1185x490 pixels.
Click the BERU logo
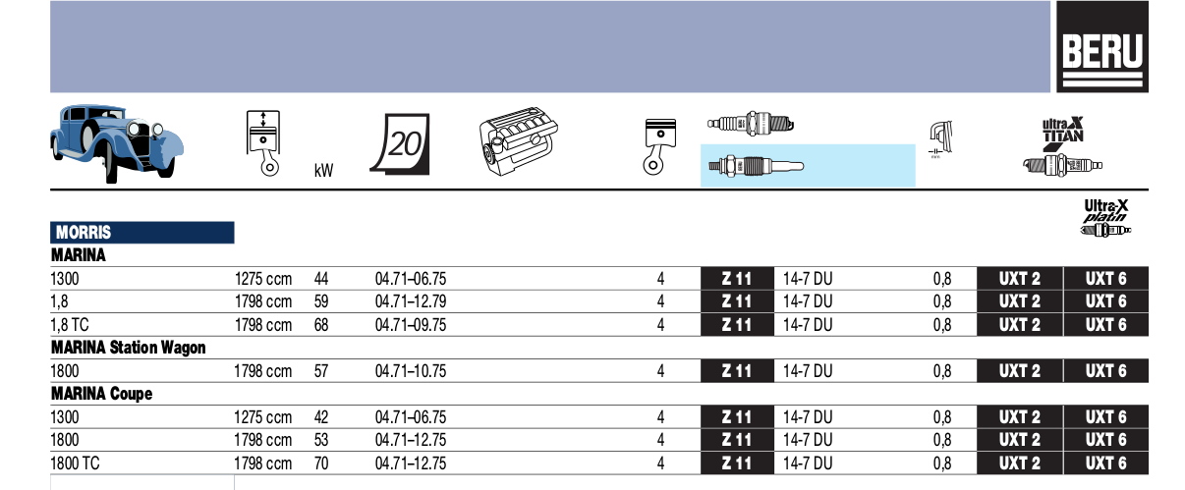[1102, 46]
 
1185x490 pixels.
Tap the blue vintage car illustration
[117, 143]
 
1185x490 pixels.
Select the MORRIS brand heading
[84, 232]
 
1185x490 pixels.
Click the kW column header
[323, 171]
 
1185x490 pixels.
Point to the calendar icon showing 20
[401, 143]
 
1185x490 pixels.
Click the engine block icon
[519, 140]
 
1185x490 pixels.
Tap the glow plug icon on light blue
[756, 166]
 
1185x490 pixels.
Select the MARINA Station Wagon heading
[128, 348]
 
